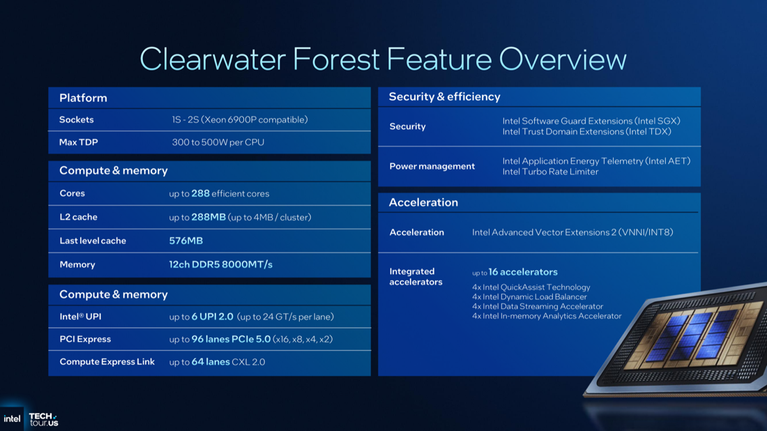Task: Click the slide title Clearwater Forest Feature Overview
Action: (x=383, y=59)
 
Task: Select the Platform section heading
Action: (x=83, y=98)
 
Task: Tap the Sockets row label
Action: (x=76, y=120)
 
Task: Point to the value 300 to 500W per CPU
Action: (x=218, y=142)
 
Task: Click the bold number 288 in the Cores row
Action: (x=200, y=193)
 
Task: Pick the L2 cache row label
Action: (x=78, y=217)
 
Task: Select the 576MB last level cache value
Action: (x=185, y=241)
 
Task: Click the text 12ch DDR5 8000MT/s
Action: (x=220, y=264)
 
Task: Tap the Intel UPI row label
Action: (x=80, y=317)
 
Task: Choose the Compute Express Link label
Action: (x=107, y=362)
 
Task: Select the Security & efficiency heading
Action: (x=444, y=97)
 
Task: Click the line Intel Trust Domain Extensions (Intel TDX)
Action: (x=586, y=132)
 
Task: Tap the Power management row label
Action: (x=432, y=166)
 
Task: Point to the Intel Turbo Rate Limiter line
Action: (x=550, y=172)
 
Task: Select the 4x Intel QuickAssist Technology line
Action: (x=531, y=287)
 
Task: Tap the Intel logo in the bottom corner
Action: (x=12, y=418)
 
